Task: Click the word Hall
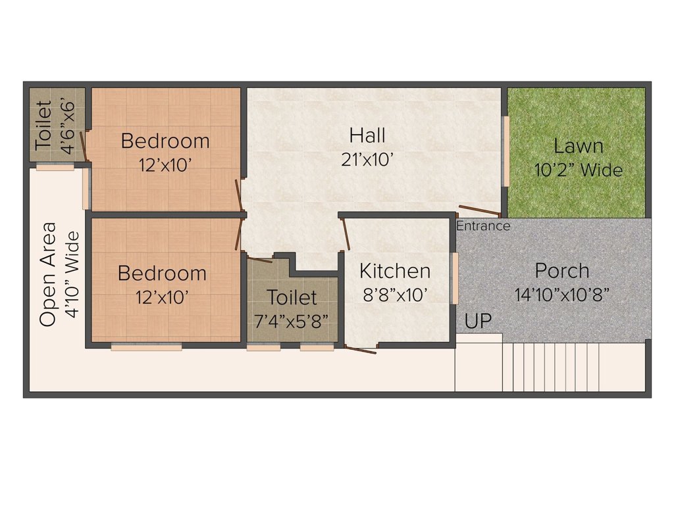pos(367,136)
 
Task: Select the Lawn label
pos(578,146)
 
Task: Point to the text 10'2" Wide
pos(578,170)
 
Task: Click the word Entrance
pos(483,226)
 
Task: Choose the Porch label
pos(561,270)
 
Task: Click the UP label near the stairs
pos(478,322)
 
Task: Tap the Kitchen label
pos(395,271)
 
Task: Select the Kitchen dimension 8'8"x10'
pos(395,295)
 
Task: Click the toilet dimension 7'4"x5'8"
pos(292,322)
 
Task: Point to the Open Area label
pos(48,274)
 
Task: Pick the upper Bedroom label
pos(165,141)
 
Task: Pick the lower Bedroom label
pos(162,273)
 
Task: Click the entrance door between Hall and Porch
pos(479,211)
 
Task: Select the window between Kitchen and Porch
pos(454,277)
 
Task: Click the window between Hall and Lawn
pos(506,151)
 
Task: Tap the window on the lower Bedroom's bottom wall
pos(146,347)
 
